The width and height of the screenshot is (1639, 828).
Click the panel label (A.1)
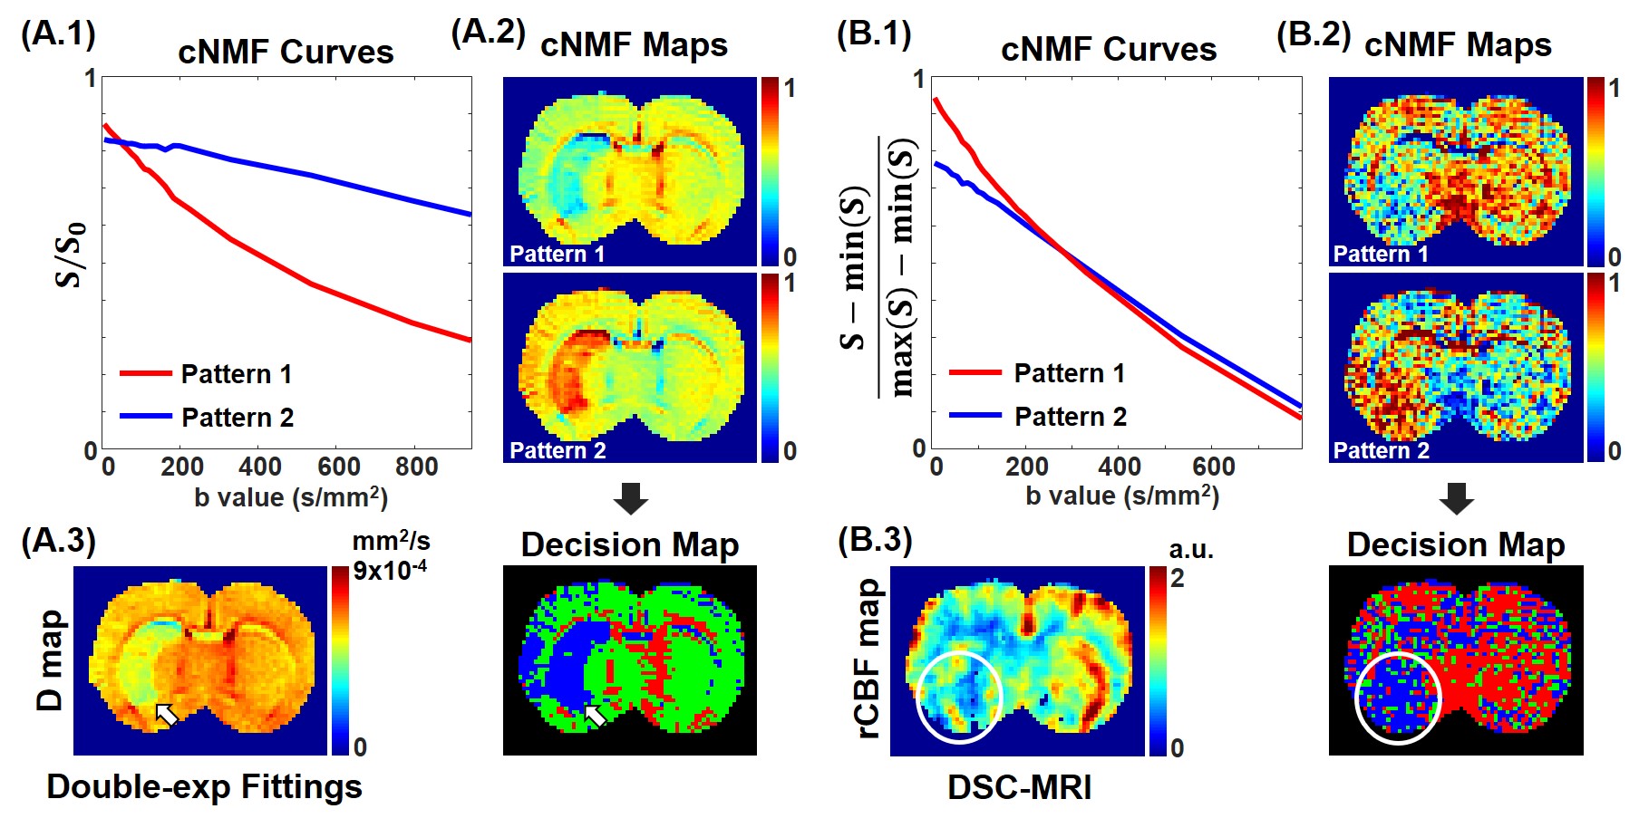pyautogui.click(x=58, y=34)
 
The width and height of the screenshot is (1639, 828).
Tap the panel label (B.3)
pyautogui.click(x=874, y=539)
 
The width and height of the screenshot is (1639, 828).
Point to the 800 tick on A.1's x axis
pyautogui.click(x=416, y=467)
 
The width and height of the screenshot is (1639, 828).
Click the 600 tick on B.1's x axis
pyautogui.click(x=1213, y=467)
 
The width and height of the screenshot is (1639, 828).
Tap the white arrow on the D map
pyautogui.click(x=166, y=714)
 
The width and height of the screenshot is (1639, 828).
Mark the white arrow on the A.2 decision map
pyautogui.click(x=595, y=716)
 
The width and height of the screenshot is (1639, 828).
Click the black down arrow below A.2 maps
pyautogui.click(x=630, y=498)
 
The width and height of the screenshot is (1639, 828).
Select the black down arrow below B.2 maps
pyautogui.click(x=1456, y=498)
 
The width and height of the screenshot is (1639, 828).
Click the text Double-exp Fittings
pyautogui.click(x=204, y=786)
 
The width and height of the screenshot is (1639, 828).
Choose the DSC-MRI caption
pyautogui.click(x=1019, y=787)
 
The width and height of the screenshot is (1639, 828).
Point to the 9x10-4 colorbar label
pyautogui.click(x=390, y=570)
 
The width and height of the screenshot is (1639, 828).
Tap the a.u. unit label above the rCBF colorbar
pyautogui.click(x=1190, y=549)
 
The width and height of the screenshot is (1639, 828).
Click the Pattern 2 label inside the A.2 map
pyautogui.click(x=558, y=450)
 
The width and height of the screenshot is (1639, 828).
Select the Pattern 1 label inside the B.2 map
pyautogui.click(x=1381, y=254)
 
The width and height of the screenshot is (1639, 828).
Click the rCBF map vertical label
pyautogui.click(x=868, y=659)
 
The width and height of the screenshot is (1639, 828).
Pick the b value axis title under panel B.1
pyautogui.click(x=1122, y=496)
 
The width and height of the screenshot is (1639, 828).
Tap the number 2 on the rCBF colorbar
pyautogui.click(x=1177, y=578)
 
